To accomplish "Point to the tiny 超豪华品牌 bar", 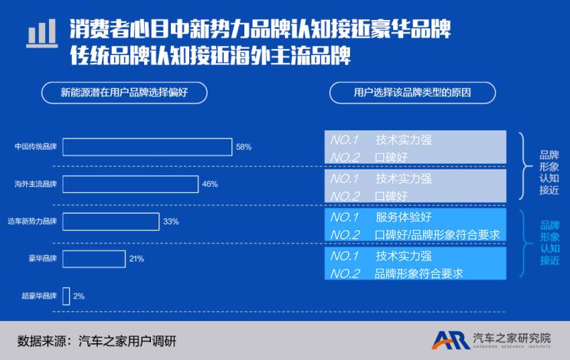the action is [66, 296].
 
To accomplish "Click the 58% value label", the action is [244, 147].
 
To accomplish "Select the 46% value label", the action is [210, 184].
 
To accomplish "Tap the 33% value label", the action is [171, 221].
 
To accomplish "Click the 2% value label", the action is [79, 296].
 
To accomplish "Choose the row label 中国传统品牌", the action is [35, 147].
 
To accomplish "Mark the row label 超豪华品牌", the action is [39, 296].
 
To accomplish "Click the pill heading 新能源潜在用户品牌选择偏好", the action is [124, 93].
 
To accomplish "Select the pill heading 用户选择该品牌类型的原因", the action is [412, 93].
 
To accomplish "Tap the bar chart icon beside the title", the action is [42, 34].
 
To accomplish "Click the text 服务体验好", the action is [404, 218].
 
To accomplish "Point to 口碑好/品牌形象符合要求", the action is [437, 235].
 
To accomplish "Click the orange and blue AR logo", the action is [451, 340].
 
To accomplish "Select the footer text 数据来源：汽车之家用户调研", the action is [97, 341].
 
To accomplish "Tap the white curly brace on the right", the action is [525, 166].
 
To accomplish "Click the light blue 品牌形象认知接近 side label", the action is [549, 243].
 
